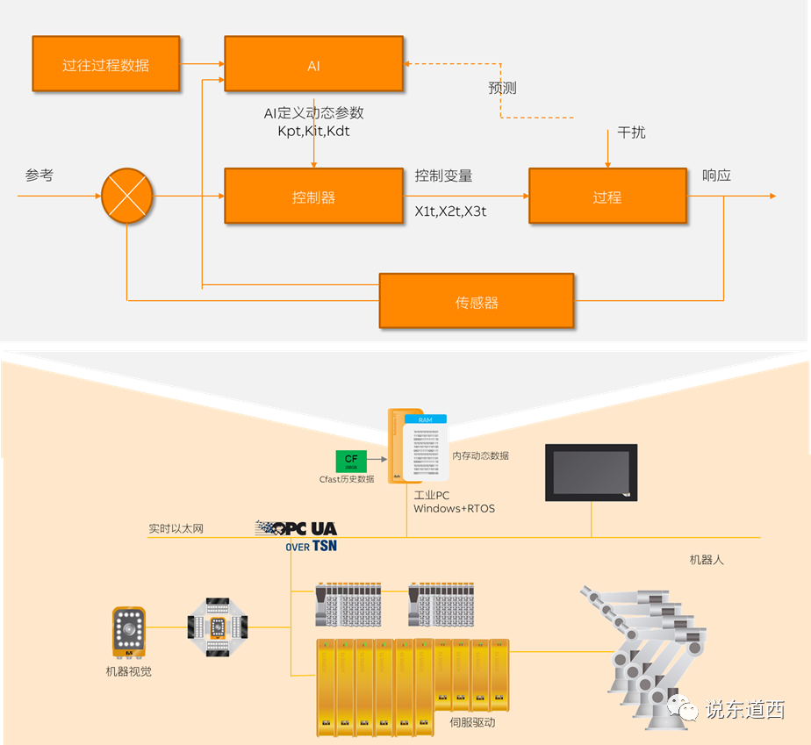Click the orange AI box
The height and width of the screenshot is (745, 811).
(x=313, y=63)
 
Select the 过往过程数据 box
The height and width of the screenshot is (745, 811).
(x=105, y=64)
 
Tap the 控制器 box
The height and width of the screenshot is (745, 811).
(x=313, y=197)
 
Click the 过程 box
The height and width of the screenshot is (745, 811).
(x=607, y=197)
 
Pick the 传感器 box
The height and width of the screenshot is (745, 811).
(x=477, y=302)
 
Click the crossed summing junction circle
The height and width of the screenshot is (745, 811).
(x=127, y=196)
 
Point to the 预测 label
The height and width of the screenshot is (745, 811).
(x=502, y=89)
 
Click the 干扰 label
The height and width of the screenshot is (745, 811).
(x=631, y=133)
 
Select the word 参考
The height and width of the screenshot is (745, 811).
(x=39, y=176)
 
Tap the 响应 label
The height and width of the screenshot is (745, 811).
(x=717, y=176)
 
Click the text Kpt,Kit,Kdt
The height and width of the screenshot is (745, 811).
(x=313, y=131)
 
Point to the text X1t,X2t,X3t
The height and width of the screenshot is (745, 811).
(x=450, y=211)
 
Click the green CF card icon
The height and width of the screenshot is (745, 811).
(x=351, y=461)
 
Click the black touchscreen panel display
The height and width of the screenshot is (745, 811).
(x=591, y=472)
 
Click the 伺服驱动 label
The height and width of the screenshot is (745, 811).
(x=472, y=723)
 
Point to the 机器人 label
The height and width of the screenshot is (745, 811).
(x=707, y=559)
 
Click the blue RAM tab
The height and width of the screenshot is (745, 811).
(x=426, y=419)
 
